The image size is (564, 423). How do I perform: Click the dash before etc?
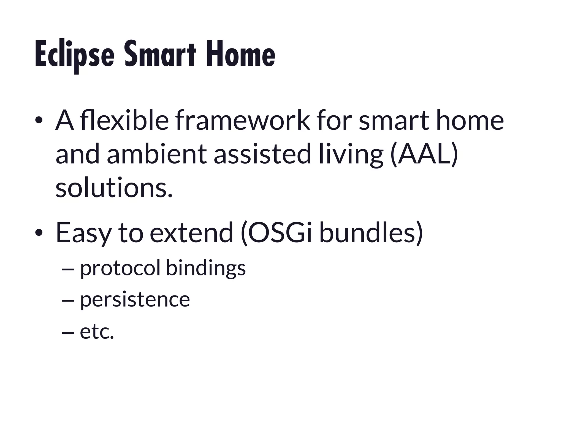pyautogui.click(x=68, y=332)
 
